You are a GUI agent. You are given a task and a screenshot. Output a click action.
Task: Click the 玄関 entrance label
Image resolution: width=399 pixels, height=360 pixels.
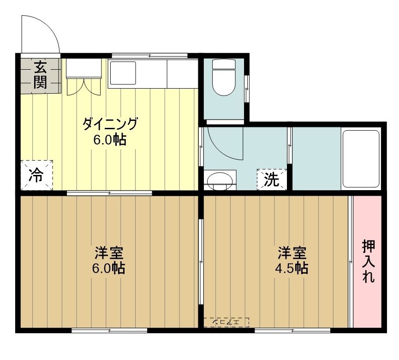[x=40, y=75]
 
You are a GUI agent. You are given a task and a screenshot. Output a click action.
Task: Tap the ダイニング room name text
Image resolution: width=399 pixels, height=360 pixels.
[x=110, y=124]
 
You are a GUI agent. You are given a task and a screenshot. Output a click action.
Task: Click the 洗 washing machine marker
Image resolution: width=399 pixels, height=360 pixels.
[x=272, y=180]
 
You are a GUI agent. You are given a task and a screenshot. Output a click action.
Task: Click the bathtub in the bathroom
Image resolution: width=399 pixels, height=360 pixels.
[x=361, y=158]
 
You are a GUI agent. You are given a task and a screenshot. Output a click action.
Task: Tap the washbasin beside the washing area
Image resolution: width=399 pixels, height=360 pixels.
[x=220, y=180]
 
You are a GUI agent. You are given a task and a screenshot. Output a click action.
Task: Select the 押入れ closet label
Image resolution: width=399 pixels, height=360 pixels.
[x=368, y=261]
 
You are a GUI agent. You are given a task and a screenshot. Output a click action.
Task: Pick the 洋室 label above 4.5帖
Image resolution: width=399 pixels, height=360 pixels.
[x=292, y=253]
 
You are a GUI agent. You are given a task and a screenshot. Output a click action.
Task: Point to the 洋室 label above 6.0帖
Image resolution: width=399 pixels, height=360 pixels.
[x=109, y=253]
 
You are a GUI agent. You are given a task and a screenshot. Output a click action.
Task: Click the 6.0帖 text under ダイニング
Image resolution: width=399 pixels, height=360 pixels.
[x=110, y=140]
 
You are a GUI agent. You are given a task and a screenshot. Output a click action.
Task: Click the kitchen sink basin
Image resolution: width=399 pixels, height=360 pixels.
[x=122, y=73]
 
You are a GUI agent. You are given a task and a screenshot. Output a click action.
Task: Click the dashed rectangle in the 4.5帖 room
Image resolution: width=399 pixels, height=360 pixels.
[x=226, y=322]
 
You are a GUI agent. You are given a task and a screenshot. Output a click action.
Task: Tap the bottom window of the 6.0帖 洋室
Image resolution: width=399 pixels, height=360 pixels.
[x=109, y=330]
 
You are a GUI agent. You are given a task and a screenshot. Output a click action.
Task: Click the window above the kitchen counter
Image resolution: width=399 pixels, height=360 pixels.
[x=150, y=55]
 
